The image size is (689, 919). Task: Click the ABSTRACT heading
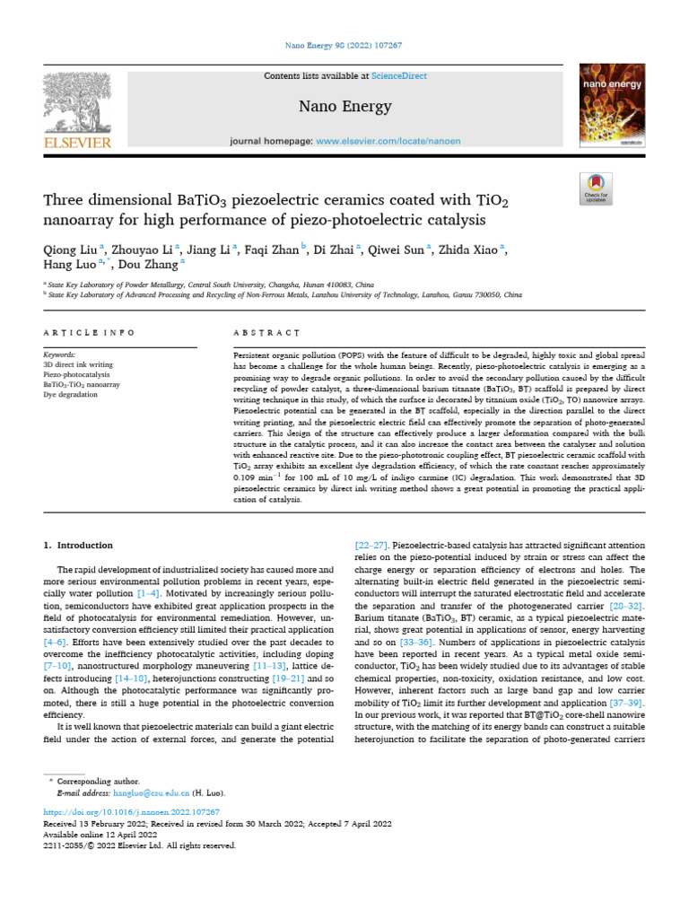coord(266,333)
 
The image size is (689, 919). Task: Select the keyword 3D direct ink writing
coord(80,365)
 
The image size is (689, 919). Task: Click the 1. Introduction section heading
coord(79,545)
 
